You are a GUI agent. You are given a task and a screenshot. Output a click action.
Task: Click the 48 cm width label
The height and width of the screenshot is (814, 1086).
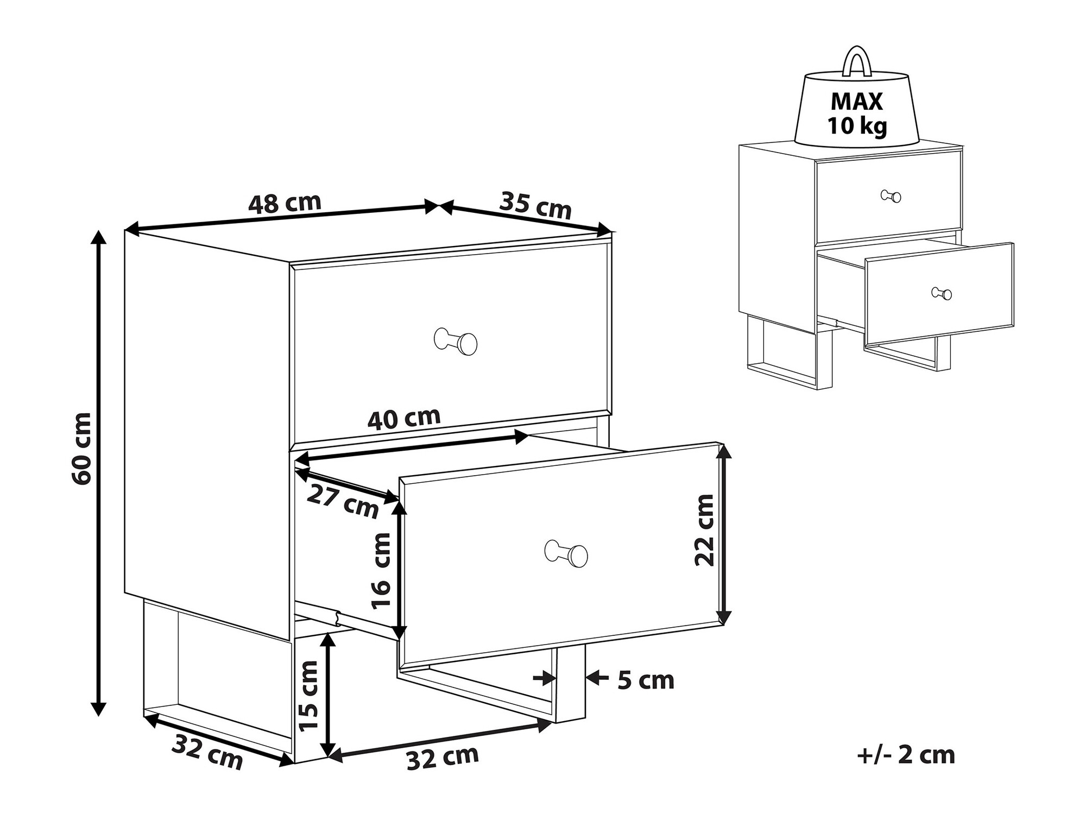click(x=285, y=203)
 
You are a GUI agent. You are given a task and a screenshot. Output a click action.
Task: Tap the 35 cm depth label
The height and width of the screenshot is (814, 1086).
click(x=535, y=205)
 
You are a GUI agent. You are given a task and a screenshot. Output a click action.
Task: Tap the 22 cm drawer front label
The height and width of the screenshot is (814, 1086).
click(x=704, y=530)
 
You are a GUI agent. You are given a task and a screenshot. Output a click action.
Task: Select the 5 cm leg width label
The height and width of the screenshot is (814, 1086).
click(x=645, y=680)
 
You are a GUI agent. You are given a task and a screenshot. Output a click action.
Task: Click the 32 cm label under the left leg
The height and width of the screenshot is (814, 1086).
click(x=207, y=752)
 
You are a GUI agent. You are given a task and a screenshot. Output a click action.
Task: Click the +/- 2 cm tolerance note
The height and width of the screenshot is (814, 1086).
click(x=906, y=755)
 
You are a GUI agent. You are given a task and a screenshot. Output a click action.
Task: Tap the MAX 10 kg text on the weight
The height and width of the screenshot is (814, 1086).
click(x=857, y=113)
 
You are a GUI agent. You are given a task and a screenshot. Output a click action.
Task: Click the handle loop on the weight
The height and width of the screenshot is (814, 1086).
click(x=857, y=60)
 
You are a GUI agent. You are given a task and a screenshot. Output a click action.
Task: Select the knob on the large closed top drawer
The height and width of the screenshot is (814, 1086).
click(x=456, y=341)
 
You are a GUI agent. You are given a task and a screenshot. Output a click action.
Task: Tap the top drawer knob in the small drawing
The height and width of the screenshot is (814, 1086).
click(x=891, y=196)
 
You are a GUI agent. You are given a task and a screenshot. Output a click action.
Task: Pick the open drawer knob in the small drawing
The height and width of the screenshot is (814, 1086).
click(x=942, y=293)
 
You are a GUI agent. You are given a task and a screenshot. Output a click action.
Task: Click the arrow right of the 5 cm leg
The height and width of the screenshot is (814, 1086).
click(x=597, y=677)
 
